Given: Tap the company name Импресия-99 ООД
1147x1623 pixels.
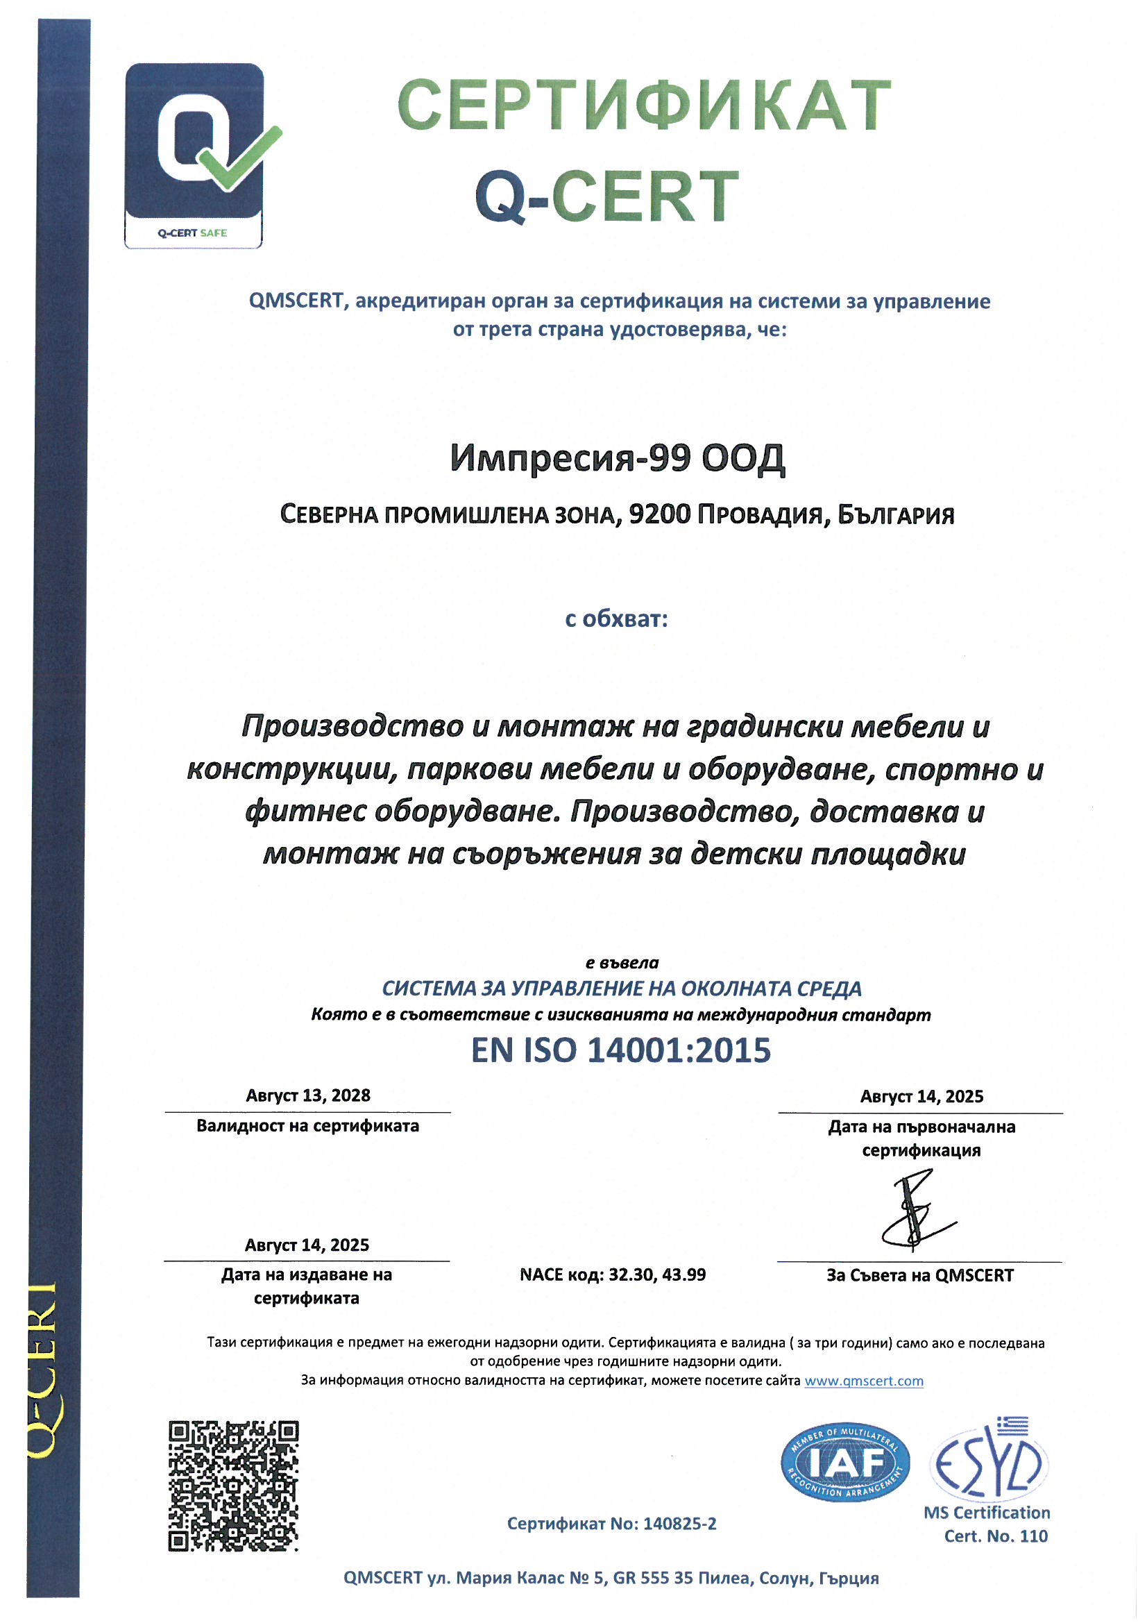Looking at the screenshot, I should [617, 458].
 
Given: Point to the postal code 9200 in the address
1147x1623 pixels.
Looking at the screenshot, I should [659, 514].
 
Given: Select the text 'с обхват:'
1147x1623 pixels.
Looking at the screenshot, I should [616, 619].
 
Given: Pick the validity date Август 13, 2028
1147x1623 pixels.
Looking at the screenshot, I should [308, 1095].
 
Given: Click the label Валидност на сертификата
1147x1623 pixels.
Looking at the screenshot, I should [307, 1125].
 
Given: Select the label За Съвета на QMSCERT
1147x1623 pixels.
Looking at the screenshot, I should [919, 1276].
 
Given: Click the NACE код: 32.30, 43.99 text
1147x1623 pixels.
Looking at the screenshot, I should [613, 1275].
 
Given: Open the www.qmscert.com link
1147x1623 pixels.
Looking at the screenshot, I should [864, 1381].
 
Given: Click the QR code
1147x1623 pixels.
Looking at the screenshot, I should [233, 1486].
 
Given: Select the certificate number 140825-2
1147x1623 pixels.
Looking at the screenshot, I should [679, 1524].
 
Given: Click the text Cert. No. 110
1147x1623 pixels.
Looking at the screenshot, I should [996, 1536].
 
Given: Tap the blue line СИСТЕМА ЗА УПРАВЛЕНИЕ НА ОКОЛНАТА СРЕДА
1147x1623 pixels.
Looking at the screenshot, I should [621, 989].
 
